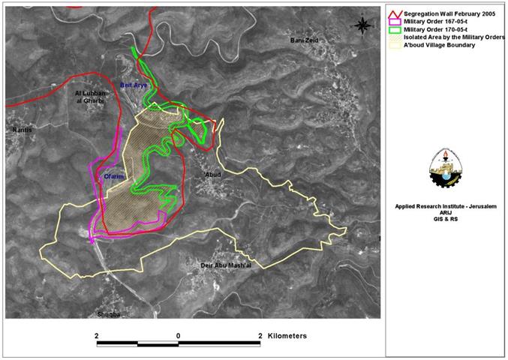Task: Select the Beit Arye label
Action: pyautogui.click(x=134, y=86)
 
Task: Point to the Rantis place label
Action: pyautogui.click(x=20, y=130)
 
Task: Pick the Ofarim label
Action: pyautogui.click(x=113, y=178)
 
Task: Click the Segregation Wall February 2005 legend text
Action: pyautogui.click(x=448, y=13)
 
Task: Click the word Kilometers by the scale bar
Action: pyautogui.click(x=287, y=336)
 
